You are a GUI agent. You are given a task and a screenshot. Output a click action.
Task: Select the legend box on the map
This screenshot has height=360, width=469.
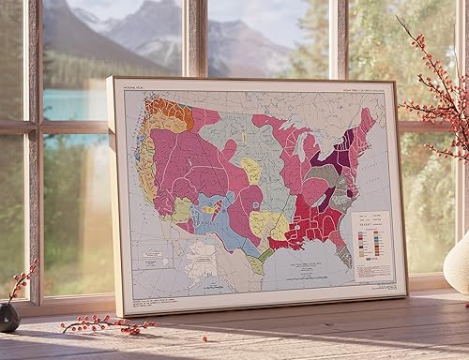click(x=372, y=246)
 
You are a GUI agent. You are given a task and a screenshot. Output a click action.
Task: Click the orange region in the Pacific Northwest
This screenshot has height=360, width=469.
click(x=168, y=110)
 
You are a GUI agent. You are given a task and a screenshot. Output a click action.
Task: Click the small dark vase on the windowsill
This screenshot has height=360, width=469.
click(x=9, y=317)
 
